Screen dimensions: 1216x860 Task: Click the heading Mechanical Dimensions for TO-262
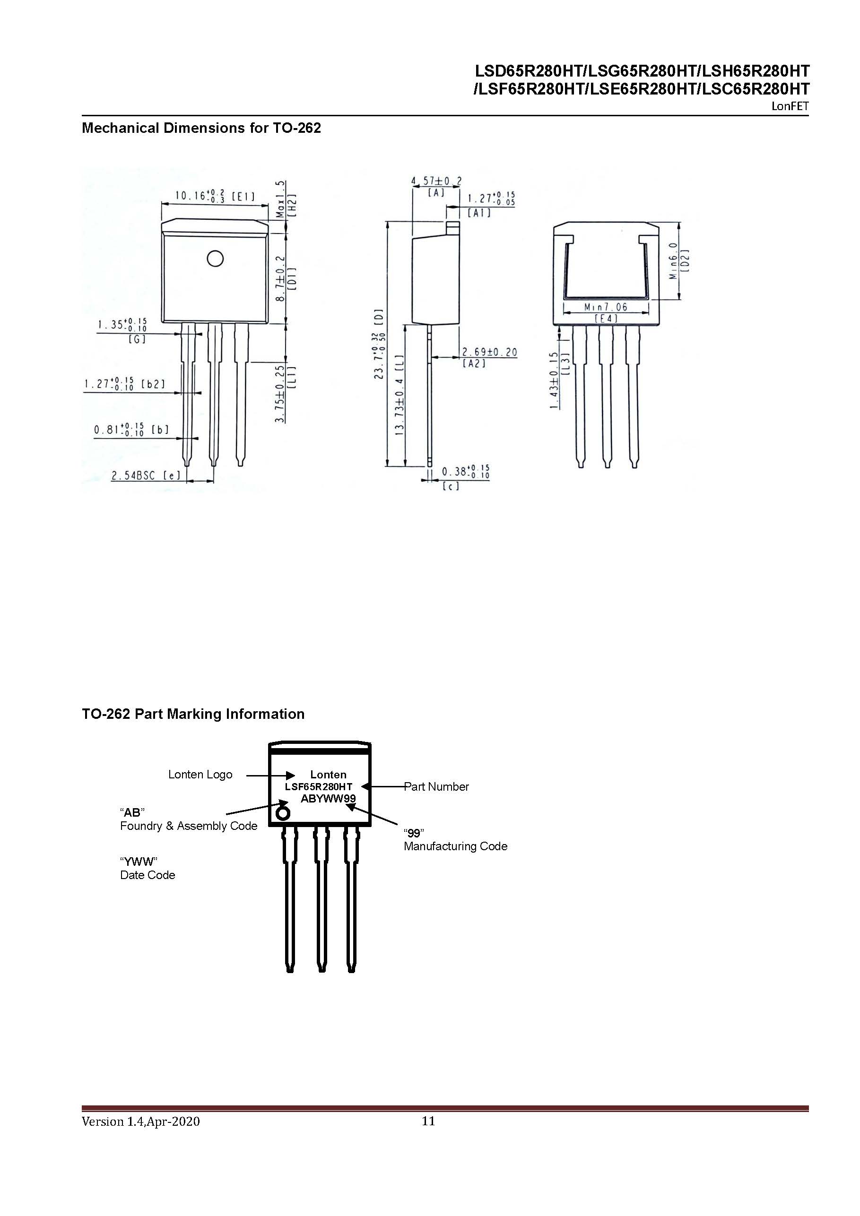point(201,128)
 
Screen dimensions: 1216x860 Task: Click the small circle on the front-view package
point(215,259)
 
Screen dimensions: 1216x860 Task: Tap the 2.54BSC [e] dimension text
point(145,475)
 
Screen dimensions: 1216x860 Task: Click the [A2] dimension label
point(474,363)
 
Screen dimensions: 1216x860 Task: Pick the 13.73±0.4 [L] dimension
point(400,395)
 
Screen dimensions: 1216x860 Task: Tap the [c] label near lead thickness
point(451,485)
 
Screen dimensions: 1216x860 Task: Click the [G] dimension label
point(137,339)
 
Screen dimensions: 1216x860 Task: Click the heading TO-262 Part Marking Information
point(193,714)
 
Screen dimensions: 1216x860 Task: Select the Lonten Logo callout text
point(200,774)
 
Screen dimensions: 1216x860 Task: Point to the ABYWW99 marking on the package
point(328,798)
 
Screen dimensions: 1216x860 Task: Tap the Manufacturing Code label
point(455,846)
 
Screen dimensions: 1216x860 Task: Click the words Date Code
point(148,875)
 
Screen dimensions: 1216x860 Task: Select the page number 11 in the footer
point(428,1121)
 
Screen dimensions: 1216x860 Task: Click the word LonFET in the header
point(790,106)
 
